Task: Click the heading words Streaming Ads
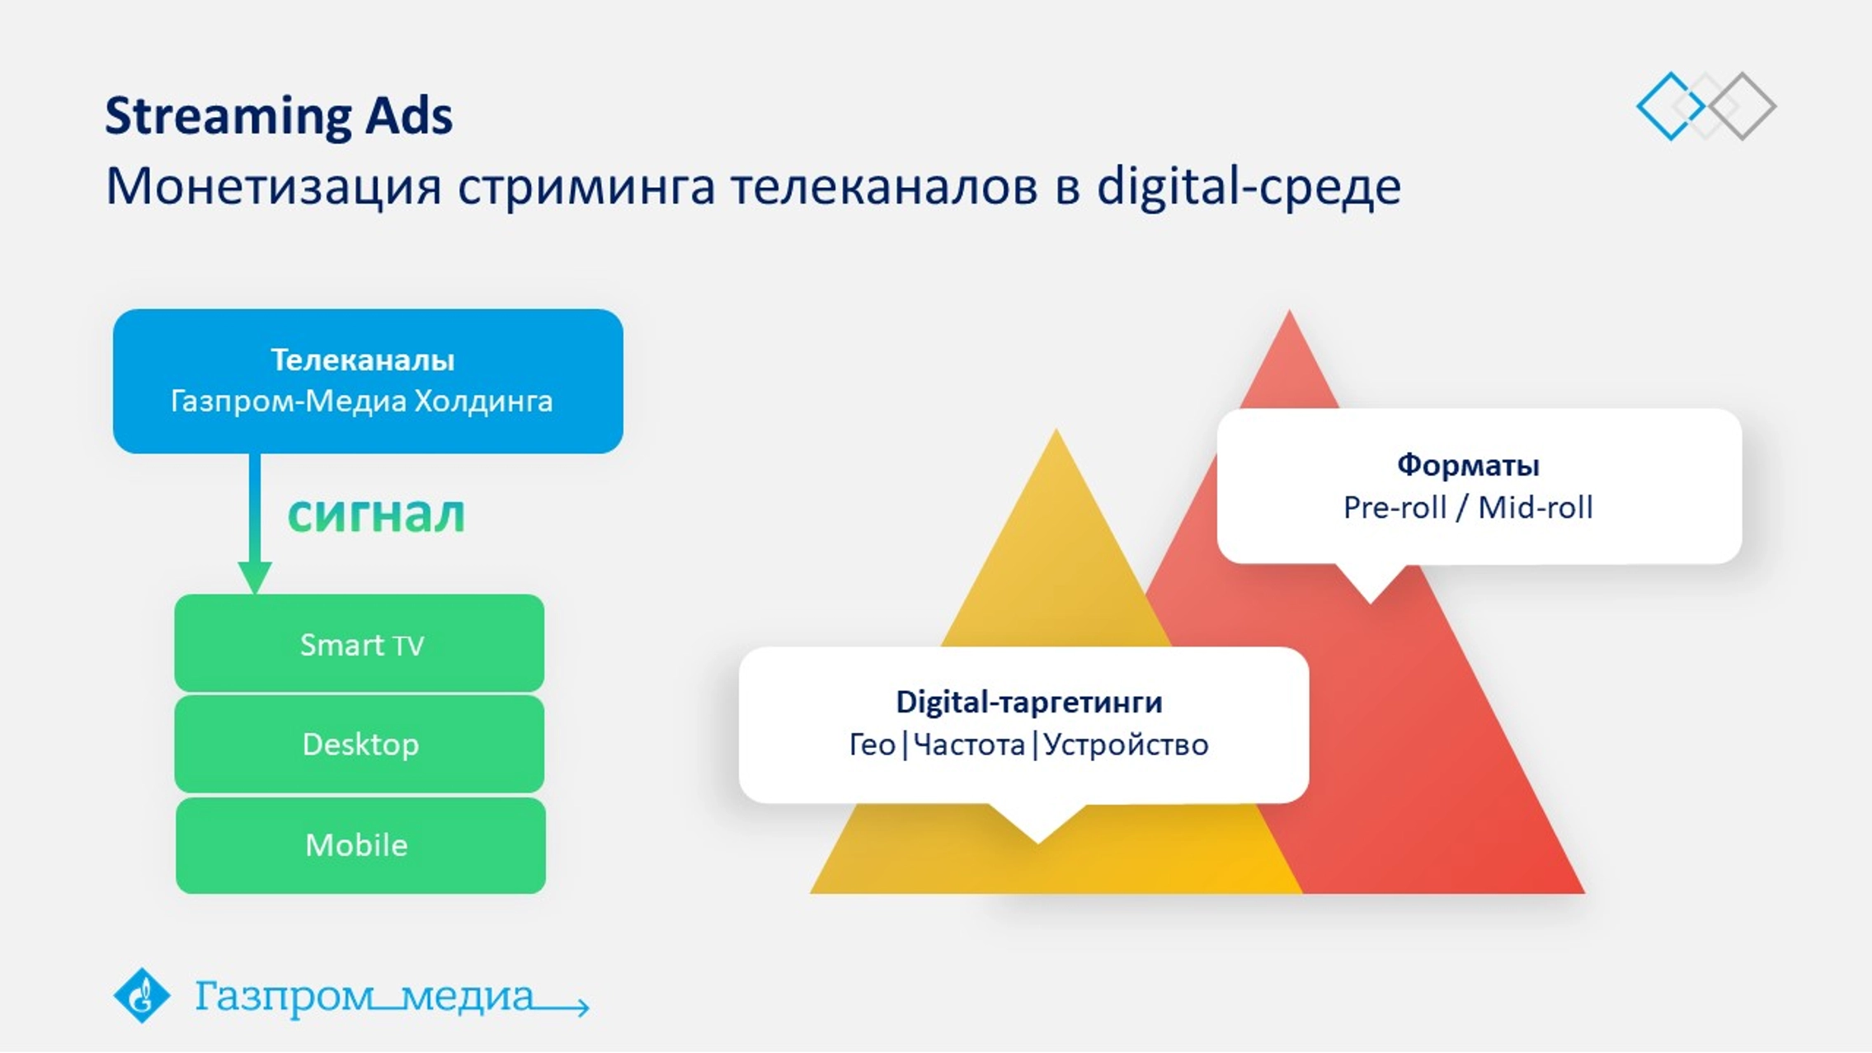[279, 115]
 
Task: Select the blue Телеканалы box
[368, 381]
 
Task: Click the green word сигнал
[376, 514]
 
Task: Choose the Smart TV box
[360, 643]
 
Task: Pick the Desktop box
[360, 744]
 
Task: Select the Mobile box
[360, 845]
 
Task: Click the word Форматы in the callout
[1468, 465]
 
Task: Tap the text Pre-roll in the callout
[1395, 507]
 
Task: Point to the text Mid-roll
[1535, 507]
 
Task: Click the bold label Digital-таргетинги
[1029, 702]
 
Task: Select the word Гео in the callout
[873, 745]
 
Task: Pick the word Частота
[969, 745]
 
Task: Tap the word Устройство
[1126, 745]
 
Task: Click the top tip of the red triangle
[1290, 311]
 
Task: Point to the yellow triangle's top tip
[1056, 430]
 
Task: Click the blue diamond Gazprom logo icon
[141, 995]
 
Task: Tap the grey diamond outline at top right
[1742, 106]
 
